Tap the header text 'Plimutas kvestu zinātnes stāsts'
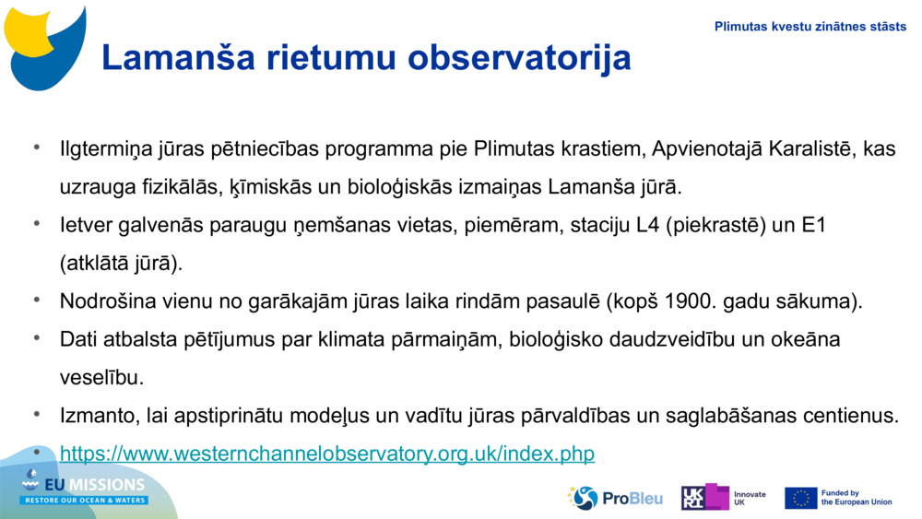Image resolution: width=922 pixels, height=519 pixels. (810, 27)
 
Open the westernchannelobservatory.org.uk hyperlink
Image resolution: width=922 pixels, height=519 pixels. (327, 454)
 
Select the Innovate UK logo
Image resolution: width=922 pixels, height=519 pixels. (724, 498)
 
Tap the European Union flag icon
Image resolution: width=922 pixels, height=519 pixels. (800, 498)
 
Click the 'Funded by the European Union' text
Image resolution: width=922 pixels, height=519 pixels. (856, 498)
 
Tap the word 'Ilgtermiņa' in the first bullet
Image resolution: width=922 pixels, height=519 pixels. (104, 149)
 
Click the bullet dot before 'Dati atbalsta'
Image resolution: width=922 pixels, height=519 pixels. (38, 338)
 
